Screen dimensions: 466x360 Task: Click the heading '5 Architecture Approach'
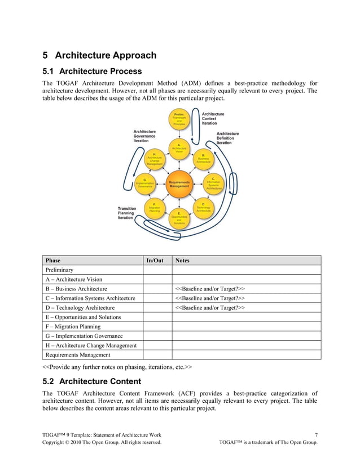coord(99,55)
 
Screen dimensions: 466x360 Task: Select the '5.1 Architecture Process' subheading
coord(92,72)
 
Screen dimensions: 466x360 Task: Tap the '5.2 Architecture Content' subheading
coord(92,381)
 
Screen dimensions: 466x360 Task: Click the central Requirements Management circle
coord(179,184)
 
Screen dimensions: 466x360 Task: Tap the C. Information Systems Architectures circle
coord(213,184)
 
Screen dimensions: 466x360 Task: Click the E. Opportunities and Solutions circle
coord(179,218)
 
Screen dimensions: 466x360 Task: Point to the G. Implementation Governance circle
coord(145,184)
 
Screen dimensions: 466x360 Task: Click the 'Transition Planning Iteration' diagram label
coord(127,213)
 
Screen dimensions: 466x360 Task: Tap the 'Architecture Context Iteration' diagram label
coord(213,118)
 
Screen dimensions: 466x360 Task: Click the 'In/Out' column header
coord(155,261)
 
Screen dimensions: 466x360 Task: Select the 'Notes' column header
coord(183,261)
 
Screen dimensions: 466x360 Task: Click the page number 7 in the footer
coord(316,434)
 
